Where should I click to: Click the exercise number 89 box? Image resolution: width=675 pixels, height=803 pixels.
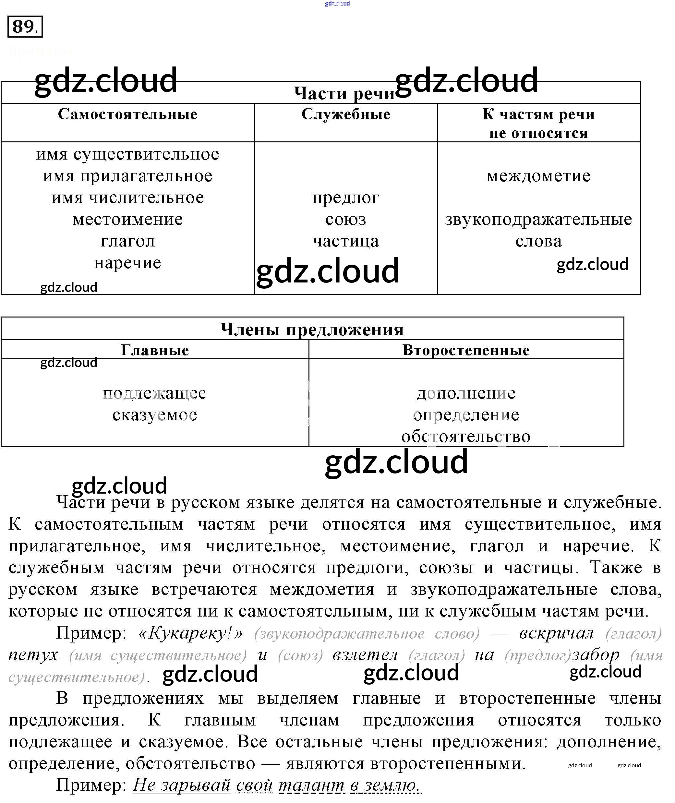click(25, 27)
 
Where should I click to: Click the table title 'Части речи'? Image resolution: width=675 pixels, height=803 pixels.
click(344, 93)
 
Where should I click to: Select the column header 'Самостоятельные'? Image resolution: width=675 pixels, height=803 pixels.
click(127, 114)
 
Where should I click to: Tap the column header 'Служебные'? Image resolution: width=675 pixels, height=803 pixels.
click(346, 114)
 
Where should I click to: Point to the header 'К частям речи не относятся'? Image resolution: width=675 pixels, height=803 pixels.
click(538, 124)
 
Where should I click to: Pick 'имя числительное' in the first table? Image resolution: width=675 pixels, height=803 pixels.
click(127, 198)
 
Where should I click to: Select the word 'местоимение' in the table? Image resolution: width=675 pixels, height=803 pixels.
click(127, 220)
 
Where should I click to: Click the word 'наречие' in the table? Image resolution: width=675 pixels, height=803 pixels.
click(127, 263)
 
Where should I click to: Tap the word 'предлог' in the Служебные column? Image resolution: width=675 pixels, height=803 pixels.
click(346, 198)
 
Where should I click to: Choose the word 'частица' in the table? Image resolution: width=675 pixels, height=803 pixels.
click(346, 241)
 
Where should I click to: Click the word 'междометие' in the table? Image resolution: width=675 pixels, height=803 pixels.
click(538, 176)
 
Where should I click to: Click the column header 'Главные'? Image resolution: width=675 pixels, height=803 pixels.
click(155, 350)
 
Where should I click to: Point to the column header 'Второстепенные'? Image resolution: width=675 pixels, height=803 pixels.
click(466, 350)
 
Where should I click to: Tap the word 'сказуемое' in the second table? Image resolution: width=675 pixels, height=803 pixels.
click(155, 415)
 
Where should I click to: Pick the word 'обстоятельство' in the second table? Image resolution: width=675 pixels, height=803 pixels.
click(466, 437)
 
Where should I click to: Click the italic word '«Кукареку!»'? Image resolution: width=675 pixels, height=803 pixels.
click(190, 633)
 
